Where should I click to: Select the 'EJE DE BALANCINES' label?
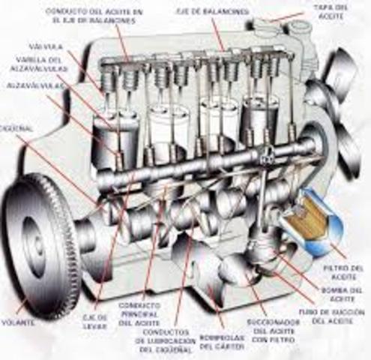pos(222,12)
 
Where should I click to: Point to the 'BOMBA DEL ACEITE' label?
pos(346,293)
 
